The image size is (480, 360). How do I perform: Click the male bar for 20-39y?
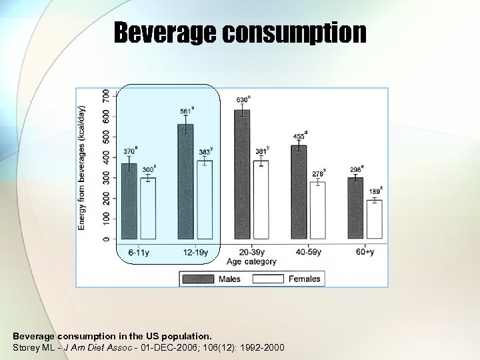(242, 175)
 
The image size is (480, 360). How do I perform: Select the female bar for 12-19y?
(204, 199)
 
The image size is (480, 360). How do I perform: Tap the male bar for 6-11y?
(129, 201)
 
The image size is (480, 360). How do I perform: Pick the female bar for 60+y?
(374, 219)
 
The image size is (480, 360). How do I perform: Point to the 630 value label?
(243, 100)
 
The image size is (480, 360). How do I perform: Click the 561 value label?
(187, 111)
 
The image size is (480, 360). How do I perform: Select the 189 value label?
(375, 192)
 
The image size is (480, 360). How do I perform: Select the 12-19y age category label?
(195, 252)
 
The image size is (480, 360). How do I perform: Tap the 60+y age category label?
(365, 252)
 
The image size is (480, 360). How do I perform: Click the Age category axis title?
(253, 261)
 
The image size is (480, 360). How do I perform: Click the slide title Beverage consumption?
(239, 32)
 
